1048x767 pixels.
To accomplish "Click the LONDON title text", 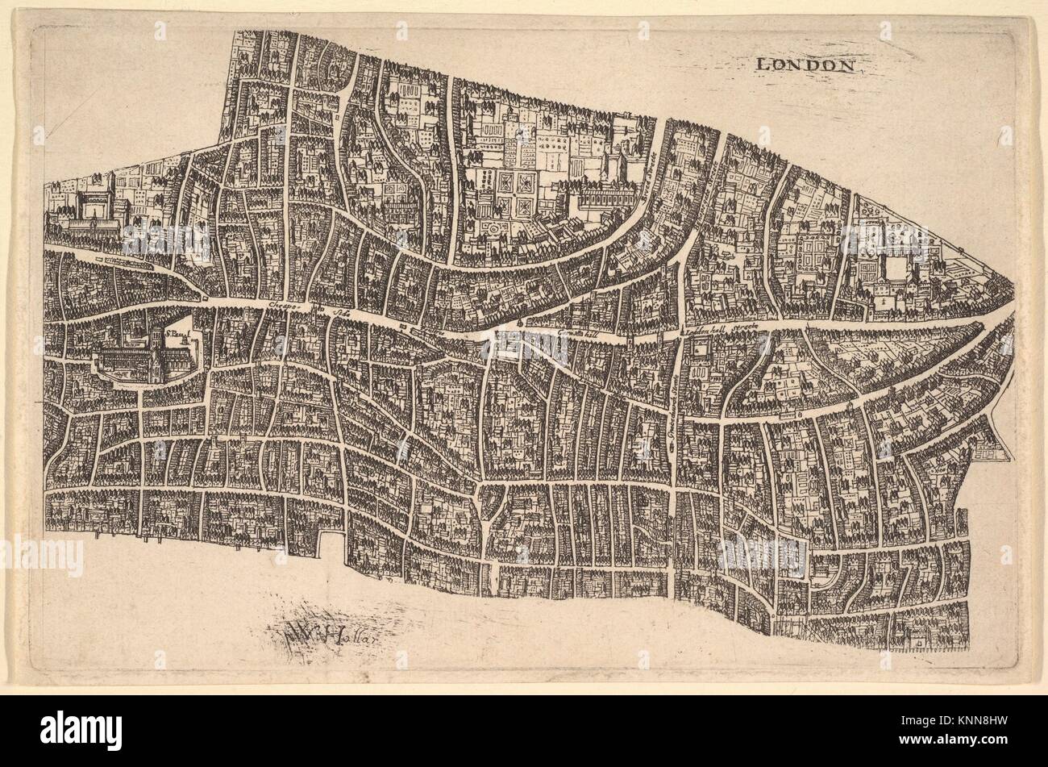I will (805, 65).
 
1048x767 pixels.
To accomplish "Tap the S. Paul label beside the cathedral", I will (177, 330).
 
